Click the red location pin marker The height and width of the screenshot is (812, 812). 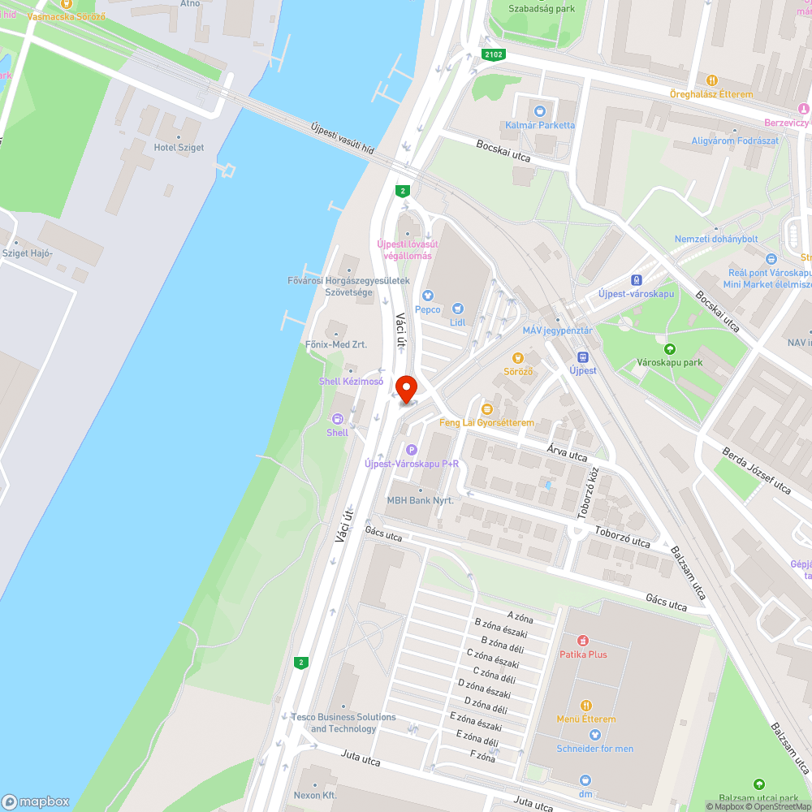(404, 387)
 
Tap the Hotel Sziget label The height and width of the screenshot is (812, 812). (179, 148)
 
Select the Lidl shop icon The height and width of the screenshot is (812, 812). (458, 309)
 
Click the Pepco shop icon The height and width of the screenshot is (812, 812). (428, 296)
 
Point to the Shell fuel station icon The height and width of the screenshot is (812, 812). (337, 418)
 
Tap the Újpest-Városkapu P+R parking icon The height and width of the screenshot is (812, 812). (411, 450)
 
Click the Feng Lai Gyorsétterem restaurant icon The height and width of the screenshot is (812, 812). (487, 409)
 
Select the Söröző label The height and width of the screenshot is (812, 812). (518, 371)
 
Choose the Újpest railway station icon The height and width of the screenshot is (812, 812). (582, 357)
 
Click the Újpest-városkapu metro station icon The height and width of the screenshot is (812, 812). (636, 280)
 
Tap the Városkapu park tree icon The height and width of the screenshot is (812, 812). (670, 348)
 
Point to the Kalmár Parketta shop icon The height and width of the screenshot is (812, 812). (539, 110)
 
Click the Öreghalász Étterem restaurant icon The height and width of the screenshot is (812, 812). (711, 80)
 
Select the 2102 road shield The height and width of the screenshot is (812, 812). (493, 54)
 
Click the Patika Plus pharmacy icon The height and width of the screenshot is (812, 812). (582, 641)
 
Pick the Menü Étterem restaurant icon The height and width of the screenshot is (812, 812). (586, 706)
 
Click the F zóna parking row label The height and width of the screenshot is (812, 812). (482, 758)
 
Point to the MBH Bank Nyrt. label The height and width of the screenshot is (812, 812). (420, 500)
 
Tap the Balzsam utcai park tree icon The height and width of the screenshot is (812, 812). (758, 784)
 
